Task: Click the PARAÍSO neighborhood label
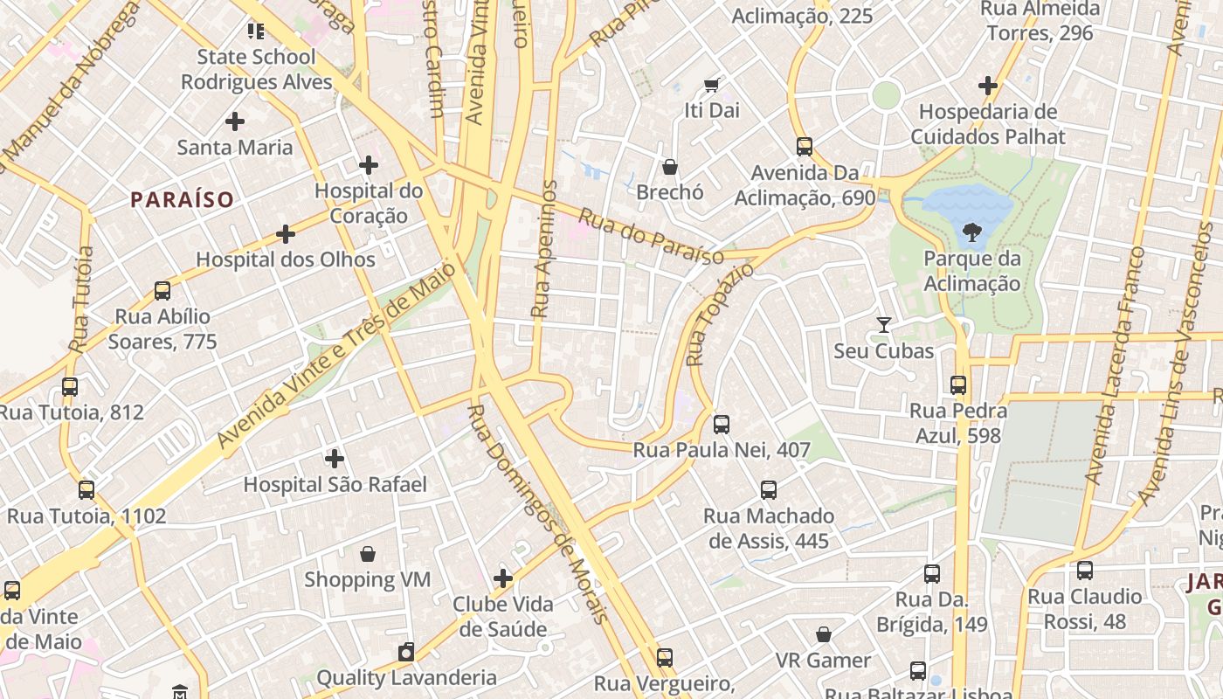[x=183, y=200]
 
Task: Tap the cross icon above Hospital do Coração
[x=369, y=164]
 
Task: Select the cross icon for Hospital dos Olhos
[x=286, y=234]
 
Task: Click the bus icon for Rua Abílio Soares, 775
[x=162, y=291]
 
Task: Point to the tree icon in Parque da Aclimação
[x=971, y=232]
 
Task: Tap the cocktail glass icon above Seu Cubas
[x=884, y=325]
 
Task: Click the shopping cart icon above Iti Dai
[x=712, y=85]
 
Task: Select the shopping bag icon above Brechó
[x=670, y=166]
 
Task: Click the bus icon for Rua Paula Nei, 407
[x=722, y=425]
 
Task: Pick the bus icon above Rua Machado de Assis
[x=769, y=490]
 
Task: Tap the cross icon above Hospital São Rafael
[x=335, y=458]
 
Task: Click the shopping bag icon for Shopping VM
[x=368, y=554]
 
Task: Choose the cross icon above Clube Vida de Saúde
[x=503, y=578]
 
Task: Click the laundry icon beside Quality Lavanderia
[x=406, y=652]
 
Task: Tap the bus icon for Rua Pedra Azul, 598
[x=958, y=384]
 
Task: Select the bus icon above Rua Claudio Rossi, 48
[x=1085, y=571]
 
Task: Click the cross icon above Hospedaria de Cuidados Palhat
[x=988, y=86]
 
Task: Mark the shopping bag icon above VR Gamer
[x=824, y=634]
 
